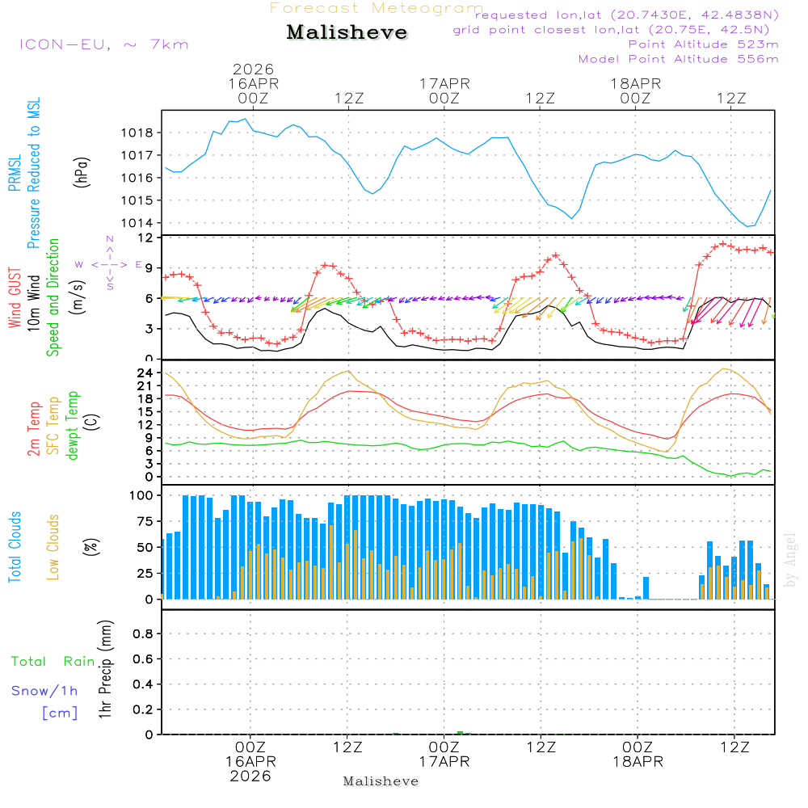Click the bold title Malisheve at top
coord(347,32)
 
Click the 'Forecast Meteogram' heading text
coord(377,8)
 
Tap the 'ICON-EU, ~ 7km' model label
coord(103,44)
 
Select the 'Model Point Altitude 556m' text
coord(679,59)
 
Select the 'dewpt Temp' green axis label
coord(73,426)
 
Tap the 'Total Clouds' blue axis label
coord(15,547)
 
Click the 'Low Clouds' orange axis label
coord(53,547)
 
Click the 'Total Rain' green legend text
coord(53,661)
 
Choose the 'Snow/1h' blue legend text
coord(45,691)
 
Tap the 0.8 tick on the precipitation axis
coord(144,634)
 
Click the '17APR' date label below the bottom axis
coord(444,762)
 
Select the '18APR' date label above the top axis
coord(636,83)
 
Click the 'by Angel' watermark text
coord(791,559)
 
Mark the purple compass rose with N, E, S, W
coord(109,263)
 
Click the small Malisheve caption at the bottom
coord(381,781)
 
